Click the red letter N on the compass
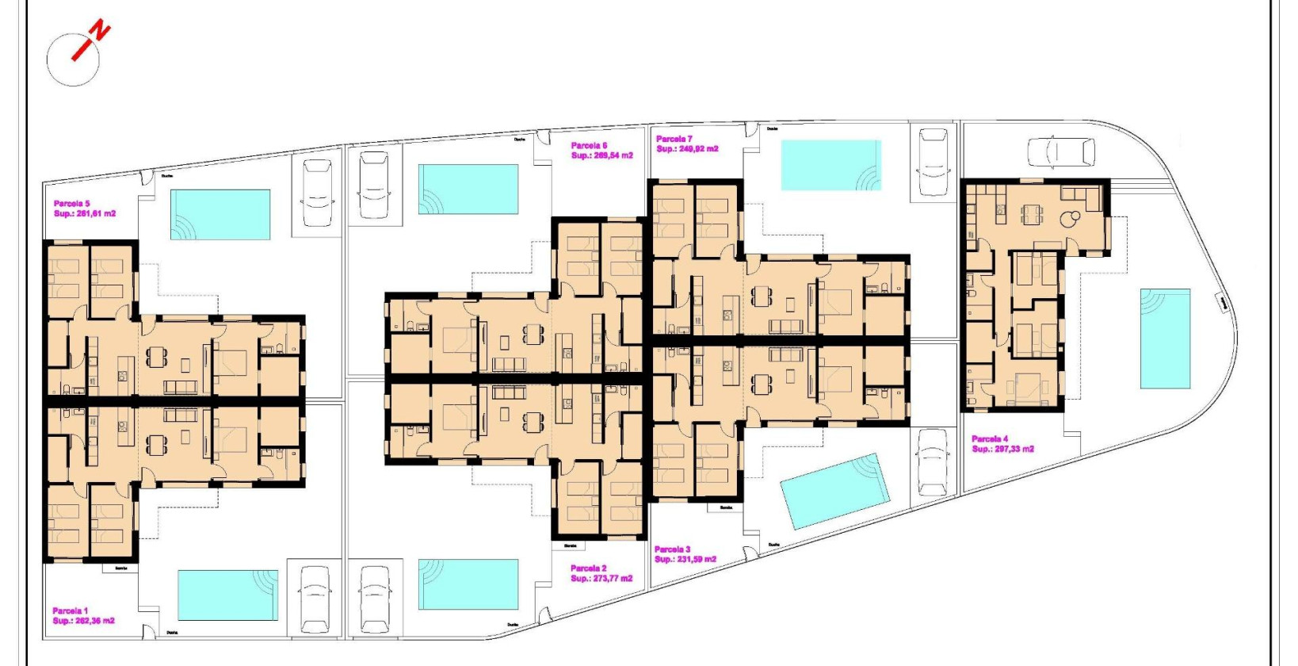coord(100,32)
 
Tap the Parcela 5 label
coord(72,204)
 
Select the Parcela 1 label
coord(71,610)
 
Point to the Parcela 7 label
coord(674,139)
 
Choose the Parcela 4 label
coord(990,438)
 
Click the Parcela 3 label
coord(672,549)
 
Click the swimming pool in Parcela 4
coord(1165,339)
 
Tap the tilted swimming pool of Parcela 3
coord(834,491)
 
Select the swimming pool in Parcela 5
coord(220,214)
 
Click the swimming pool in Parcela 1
coord(227,595)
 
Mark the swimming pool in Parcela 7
coord(830,165)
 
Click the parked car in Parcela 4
coord(1061,151)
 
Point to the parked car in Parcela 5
coord(317,193)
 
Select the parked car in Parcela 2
coord(375,599)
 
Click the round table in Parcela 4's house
coord(1074,216)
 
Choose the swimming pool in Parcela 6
coord(468,189)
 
